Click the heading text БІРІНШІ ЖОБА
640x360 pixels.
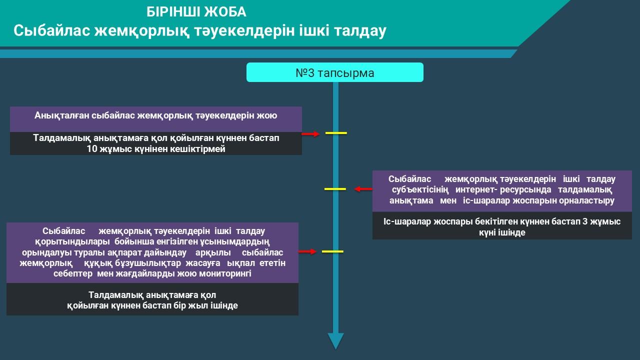[196, 12]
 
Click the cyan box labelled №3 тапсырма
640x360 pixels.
[334, 73]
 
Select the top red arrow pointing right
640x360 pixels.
[310, 134]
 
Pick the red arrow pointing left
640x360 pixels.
[363, 189]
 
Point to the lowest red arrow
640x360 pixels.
[307, 251]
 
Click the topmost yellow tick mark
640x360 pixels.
[336, 133]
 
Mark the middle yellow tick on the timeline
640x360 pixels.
[335, 189]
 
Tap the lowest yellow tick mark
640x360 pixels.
[332, 251]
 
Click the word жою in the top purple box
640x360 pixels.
[267, 115]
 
